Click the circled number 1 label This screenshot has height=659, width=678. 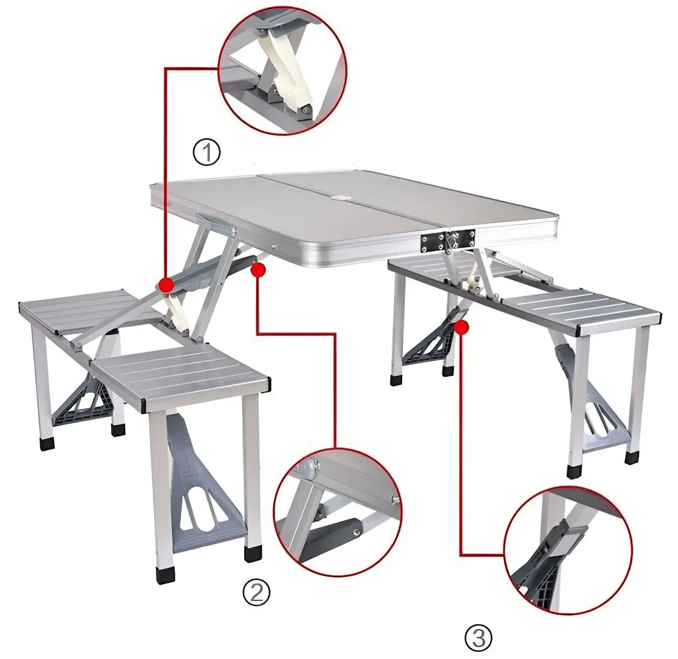pos(206,152)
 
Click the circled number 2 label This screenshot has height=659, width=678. pos(256,591)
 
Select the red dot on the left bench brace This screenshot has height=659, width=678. pos(165,284)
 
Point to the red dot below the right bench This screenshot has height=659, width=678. pos(462,328)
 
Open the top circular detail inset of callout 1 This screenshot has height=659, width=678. pos(282,70)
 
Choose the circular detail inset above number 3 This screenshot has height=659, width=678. pos(568,550)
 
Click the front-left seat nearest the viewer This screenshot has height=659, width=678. pos(181,376)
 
